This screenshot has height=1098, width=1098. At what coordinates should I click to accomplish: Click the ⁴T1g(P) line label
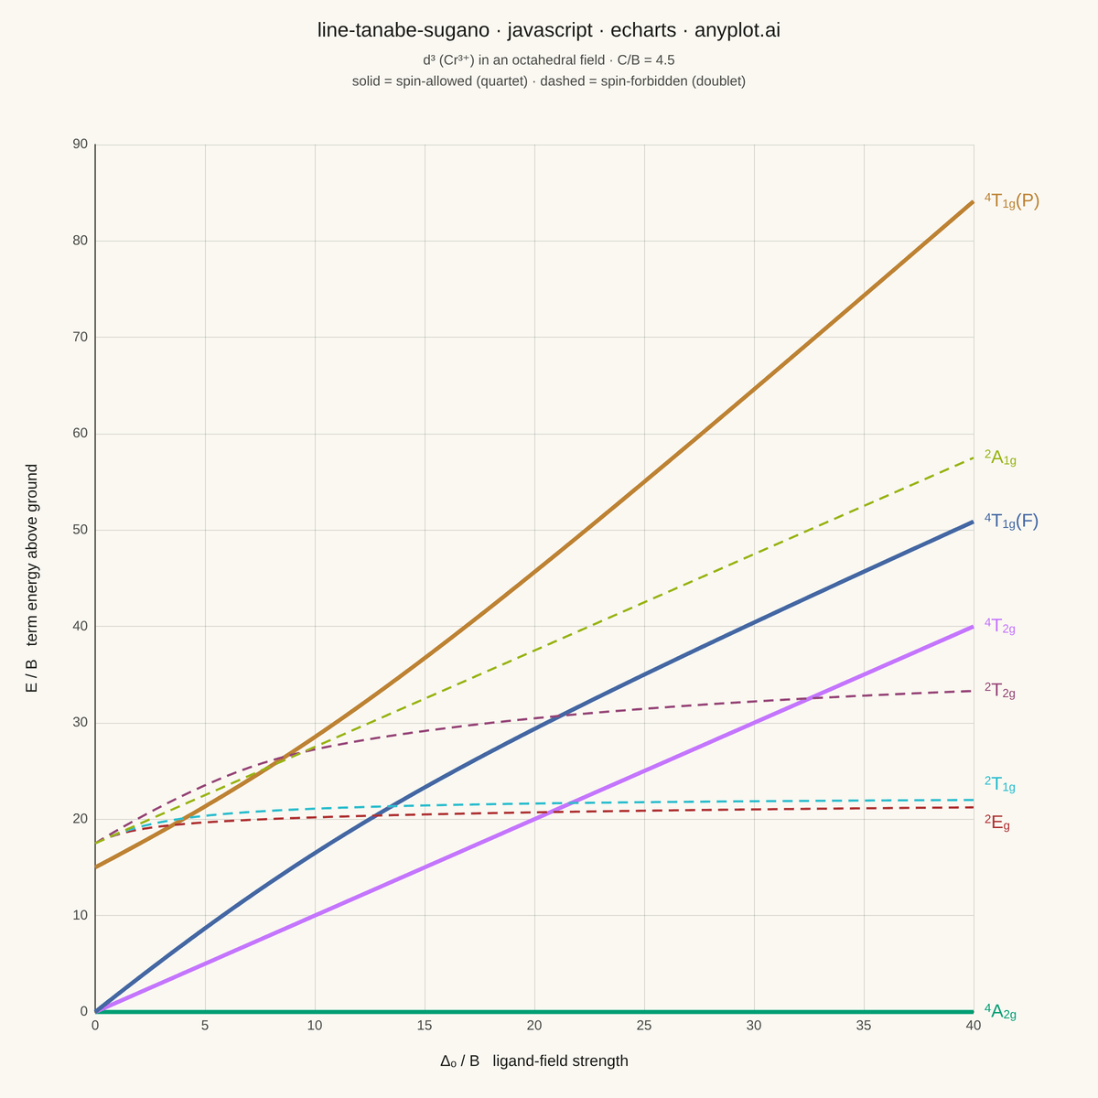1011,200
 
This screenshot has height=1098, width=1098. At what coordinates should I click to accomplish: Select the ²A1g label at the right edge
1000,457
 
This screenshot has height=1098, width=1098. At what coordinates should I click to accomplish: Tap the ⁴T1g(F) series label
1011,521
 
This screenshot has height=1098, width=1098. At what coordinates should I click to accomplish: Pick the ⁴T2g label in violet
999,626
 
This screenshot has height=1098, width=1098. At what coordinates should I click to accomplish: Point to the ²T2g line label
999,690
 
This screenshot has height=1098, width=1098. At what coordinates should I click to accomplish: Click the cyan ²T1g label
999,784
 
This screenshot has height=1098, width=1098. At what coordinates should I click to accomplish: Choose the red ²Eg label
997,823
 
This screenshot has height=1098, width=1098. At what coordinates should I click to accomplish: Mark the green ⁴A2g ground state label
1000,1011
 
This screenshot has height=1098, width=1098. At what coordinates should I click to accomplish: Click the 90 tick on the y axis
81,145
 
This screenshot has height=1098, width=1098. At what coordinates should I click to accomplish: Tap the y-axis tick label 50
81,530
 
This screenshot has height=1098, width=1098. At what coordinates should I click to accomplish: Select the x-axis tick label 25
644,1026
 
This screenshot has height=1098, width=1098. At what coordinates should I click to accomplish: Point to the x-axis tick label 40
974,1026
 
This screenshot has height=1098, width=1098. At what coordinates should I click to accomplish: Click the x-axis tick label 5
205,1026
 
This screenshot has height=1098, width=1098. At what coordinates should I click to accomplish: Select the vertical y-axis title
31,578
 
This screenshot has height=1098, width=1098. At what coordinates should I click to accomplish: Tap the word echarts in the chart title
643,29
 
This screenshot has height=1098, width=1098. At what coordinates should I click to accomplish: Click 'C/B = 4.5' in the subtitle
646,59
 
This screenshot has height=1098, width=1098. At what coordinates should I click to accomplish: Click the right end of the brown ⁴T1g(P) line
974,201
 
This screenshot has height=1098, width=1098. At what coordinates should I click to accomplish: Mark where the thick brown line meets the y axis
95,867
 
